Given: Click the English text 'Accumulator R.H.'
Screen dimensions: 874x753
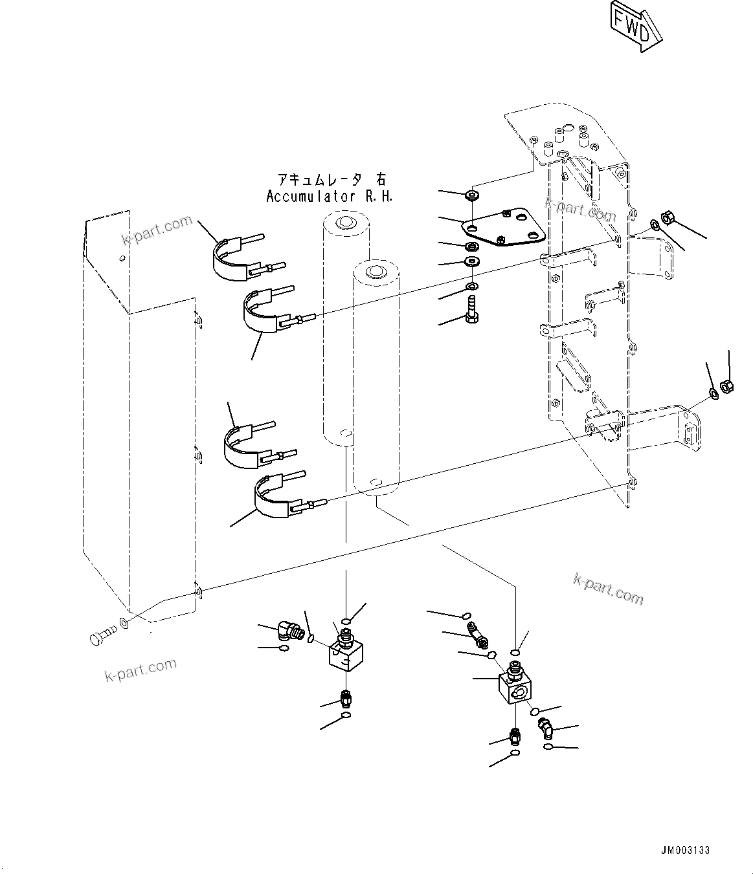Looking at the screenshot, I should click(330, 197).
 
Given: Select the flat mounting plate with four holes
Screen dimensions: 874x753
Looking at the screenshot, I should click(504, 228).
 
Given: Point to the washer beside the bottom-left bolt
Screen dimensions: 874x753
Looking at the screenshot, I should click(123, 625).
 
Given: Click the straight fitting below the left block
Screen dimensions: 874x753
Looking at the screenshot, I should click(346, 699).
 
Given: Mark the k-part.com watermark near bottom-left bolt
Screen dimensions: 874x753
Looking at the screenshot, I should click(140, 670).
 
